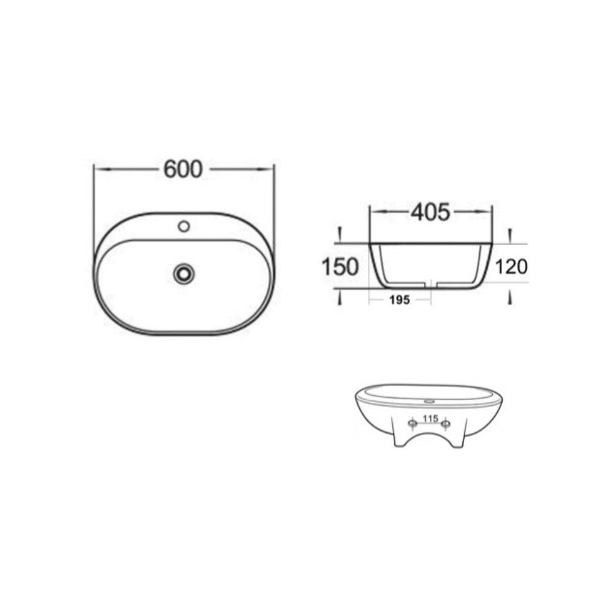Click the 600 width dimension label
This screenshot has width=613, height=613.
[183, 169]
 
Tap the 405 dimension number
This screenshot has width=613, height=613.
[430, 212]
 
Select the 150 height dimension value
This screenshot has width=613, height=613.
[340, 267]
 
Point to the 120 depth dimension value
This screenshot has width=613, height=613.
[511, 267]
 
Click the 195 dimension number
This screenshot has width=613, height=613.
[400, 300]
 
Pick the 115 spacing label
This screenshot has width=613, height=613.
[430, 419]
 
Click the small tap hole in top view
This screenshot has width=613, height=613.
[184, 226]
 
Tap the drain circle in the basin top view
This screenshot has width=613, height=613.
[184, 273]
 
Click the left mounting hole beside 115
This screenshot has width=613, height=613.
[413, 424]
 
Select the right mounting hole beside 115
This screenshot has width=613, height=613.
[445, 424]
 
